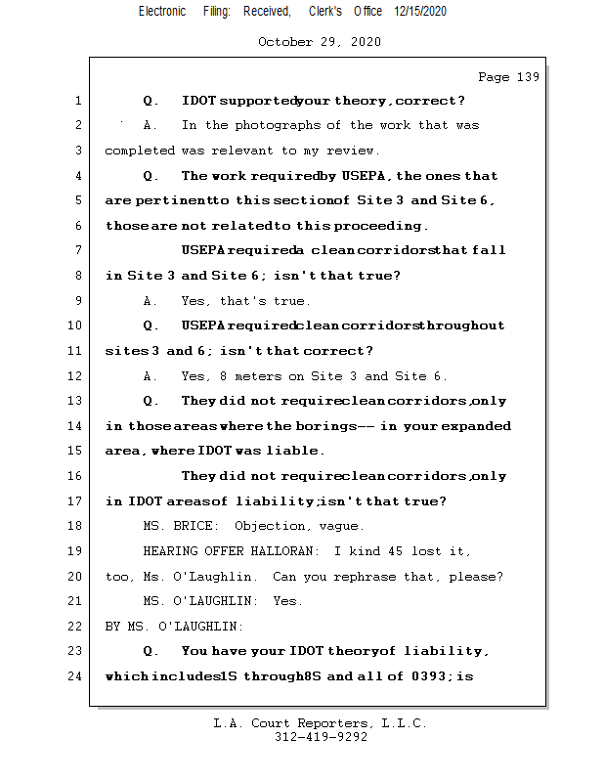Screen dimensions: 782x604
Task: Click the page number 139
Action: (x=527, y=77)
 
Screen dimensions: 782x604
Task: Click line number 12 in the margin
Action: (x=77, y=376)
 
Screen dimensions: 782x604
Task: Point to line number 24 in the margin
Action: (x=77, y=675)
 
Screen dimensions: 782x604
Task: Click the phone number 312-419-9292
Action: (x=321, y=738)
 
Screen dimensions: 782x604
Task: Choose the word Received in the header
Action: (x=267, y=11)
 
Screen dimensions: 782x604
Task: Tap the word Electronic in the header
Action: (x=162, y=11)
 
